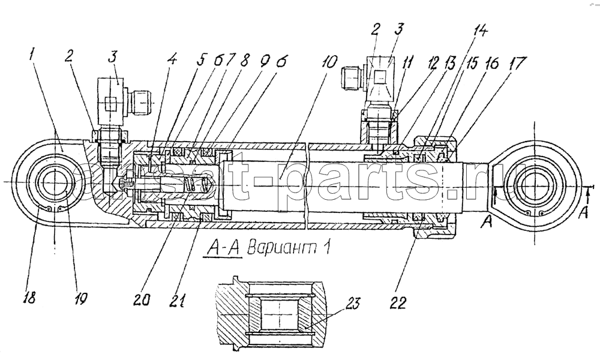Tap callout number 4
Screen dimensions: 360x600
tap(173, 61)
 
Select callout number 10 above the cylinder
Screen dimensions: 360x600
tap(330, 62)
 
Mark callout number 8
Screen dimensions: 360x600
tap(245, 61)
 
